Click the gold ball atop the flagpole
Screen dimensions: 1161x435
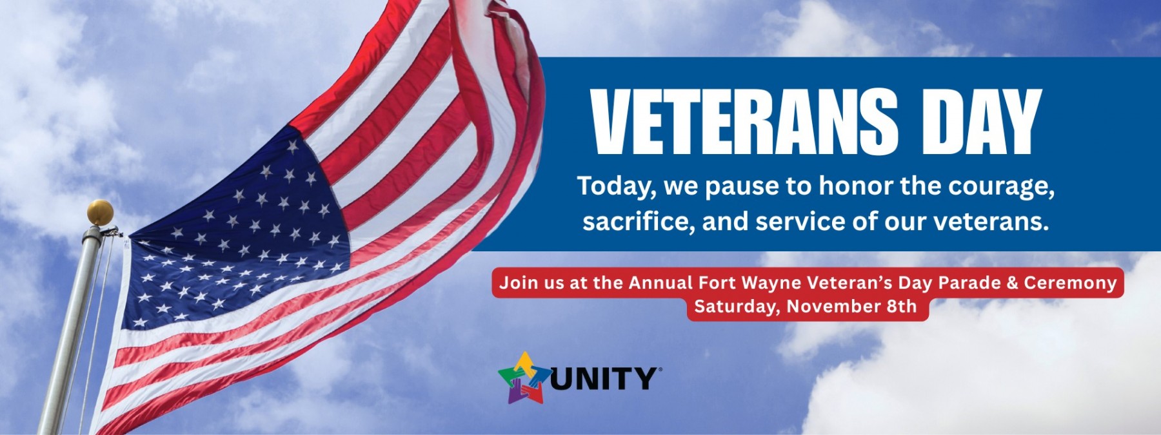100,211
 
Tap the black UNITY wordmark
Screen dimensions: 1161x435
603,378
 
